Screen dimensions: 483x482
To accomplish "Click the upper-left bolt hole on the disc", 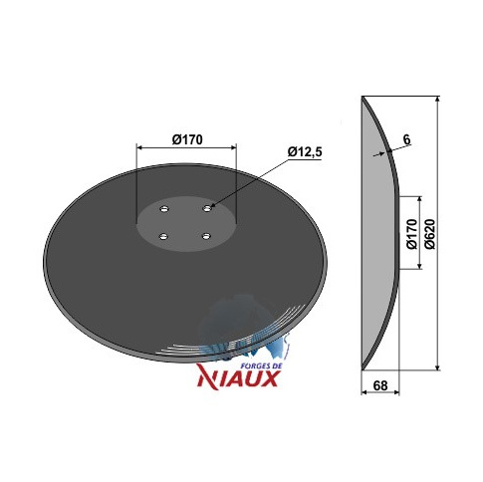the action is click(164, 209).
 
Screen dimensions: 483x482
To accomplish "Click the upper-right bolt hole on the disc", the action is click(207, 208).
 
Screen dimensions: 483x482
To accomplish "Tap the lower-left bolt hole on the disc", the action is click(163, 237).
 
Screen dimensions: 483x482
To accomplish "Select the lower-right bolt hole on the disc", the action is click(206, 236).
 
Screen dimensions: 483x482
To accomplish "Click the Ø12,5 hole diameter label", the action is click(305, 152).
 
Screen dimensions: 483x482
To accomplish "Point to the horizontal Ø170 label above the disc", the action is click(187, 139).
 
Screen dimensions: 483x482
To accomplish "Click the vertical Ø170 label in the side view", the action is click(411, 234).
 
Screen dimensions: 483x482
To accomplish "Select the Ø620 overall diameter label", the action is click(429, 233).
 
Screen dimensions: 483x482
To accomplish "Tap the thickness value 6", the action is click(406, 139).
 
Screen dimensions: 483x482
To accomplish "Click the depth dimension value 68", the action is click(380, 385).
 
